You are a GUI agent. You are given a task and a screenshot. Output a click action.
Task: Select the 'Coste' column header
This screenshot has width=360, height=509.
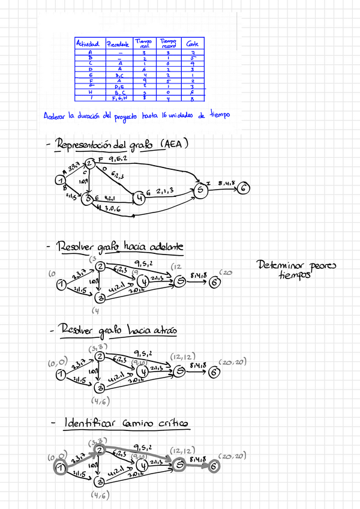pyautogui.click(x=193, y=44)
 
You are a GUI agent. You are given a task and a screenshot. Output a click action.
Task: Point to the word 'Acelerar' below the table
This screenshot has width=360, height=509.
pyautogui.click(x=56, y=116)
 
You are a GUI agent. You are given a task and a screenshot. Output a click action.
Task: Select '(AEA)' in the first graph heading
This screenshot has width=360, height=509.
pyautogui.click(x=176, y=144)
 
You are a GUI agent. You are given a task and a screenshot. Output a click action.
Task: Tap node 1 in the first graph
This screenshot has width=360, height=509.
pyautogui.click(x=60, y=179)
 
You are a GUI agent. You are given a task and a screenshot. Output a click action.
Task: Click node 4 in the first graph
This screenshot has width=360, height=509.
pyautogui.click(x=139, y=196)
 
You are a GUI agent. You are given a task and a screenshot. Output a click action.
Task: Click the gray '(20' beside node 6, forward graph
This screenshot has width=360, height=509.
pyautogui.click(x=226, y=274)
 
